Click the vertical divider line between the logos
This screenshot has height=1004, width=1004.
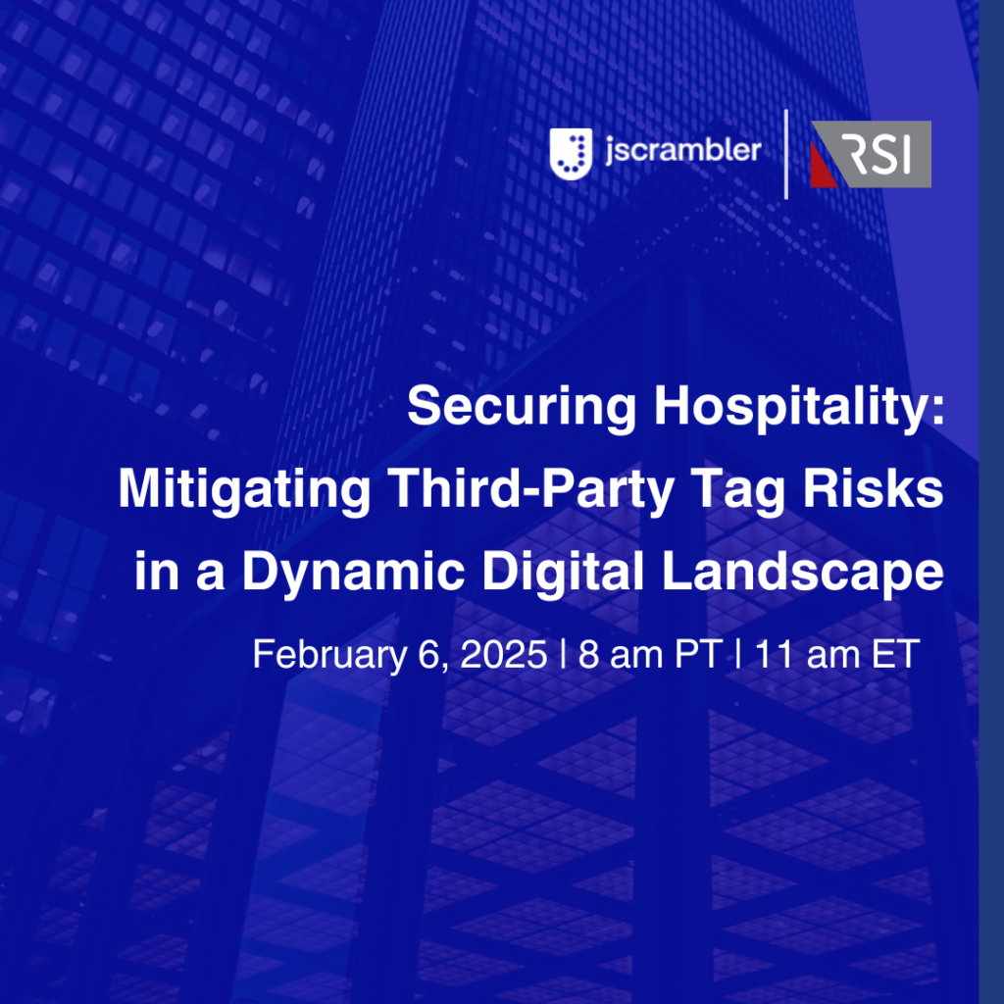tap(786, 154)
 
